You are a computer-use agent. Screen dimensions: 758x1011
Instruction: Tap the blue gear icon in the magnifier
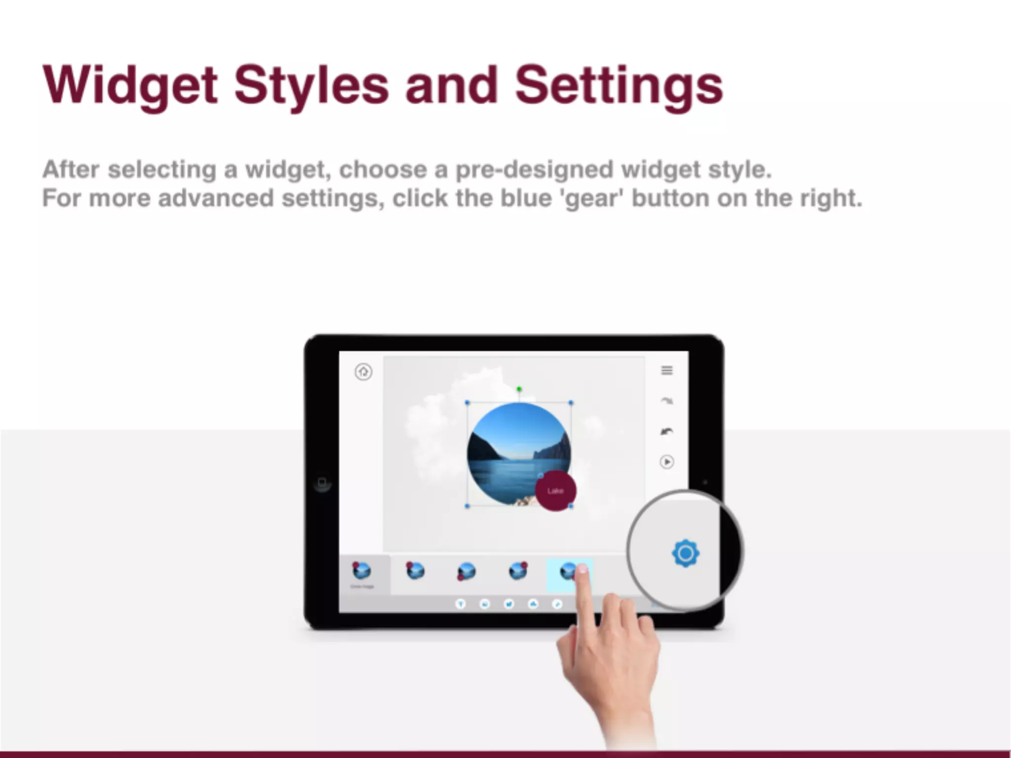point(685,553)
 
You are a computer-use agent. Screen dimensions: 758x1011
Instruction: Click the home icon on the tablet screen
point(363,372)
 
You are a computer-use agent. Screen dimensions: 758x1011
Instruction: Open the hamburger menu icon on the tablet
point(666,370)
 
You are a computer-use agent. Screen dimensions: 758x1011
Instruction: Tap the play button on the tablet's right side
point(666,462)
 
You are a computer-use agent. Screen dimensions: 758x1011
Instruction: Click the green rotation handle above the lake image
point(519,389)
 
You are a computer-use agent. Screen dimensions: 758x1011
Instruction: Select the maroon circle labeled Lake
point(555,491)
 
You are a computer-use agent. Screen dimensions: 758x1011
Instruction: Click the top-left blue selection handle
point(467,403)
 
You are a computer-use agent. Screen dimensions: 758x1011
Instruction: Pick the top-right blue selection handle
point(571,403)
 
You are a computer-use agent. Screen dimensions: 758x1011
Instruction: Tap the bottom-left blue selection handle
point(467,506)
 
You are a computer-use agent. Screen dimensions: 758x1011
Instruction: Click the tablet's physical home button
point(322,482)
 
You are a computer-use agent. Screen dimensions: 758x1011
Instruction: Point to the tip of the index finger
point(583,570)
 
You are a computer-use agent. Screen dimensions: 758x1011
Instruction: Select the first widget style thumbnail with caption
point(362,572)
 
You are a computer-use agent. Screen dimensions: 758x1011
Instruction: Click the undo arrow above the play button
point(666,432)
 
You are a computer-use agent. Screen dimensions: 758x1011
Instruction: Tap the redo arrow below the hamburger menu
point(666,401)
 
